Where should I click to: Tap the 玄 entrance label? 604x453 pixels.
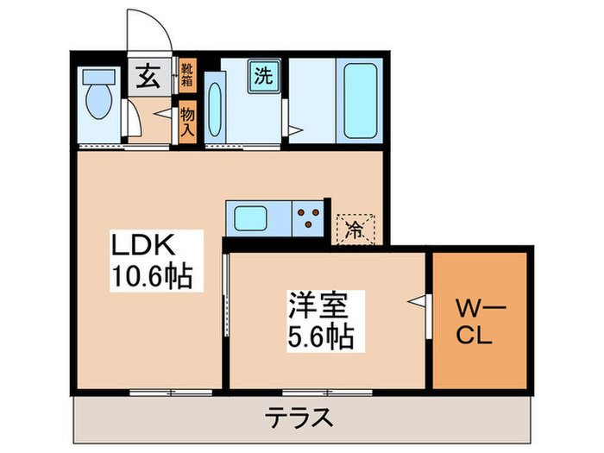click(148, 79)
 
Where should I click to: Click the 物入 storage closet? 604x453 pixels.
click(187, 122)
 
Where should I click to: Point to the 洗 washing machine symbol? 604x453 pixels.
click(261, 74)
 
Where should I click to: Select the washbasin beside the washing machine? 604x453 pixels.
click(217, 110)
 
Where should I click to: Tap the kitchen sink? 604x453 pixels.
click(249, 216)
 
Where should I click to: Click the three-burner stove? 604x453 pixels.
click(309, 216)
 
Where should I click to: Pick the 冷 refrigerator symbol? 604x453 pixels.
click(355, 228)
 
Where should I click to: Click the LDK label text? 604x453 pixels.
click(143, 247)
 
